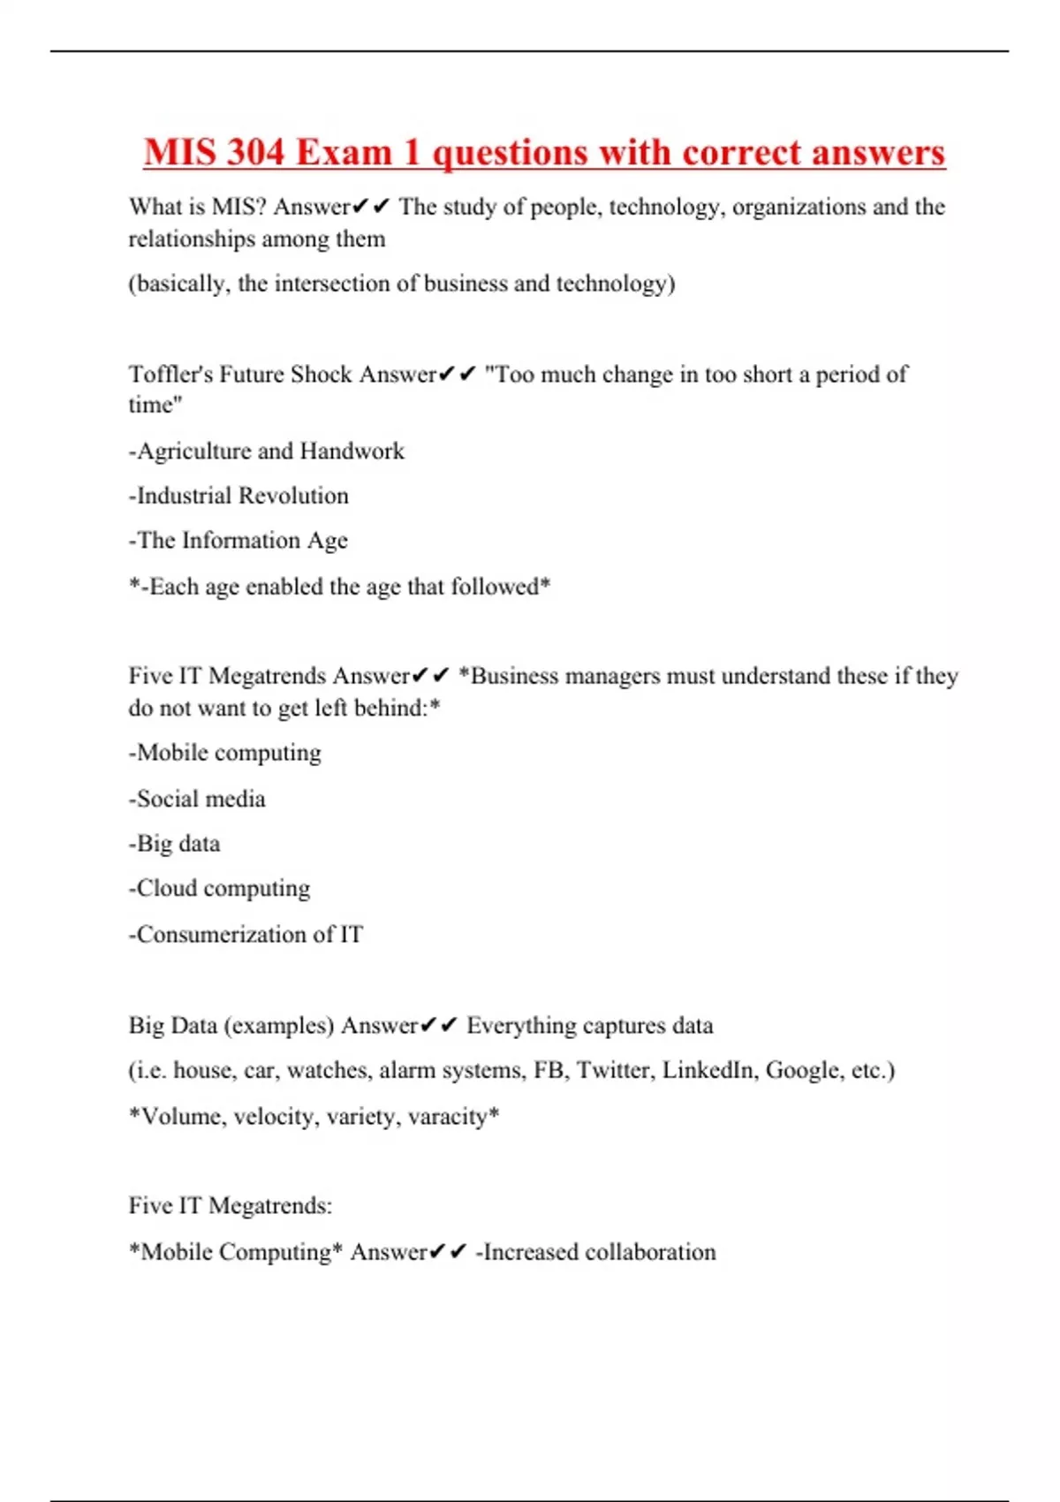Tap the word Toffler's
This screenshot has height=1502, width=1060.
170,375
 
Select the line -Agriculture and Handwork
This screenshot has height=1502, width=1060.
267,451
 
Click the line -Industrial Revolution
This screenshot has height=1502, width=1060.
238,496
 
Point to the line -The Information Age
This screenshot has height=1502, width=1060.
238,541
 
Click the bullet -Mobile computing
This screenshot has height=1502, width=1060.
225,754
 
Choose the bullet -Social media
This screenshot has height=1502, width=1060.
197,799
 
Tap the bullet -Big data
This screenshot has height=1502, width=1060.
175,844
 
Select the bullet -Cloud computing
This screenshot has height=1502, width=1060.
220,889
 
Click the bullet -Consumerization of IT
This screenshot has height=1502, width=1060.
246,934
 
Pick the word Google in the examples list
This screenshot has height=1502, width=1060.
804,1071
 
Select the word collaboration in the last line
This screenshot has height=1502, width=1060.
650,1252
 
